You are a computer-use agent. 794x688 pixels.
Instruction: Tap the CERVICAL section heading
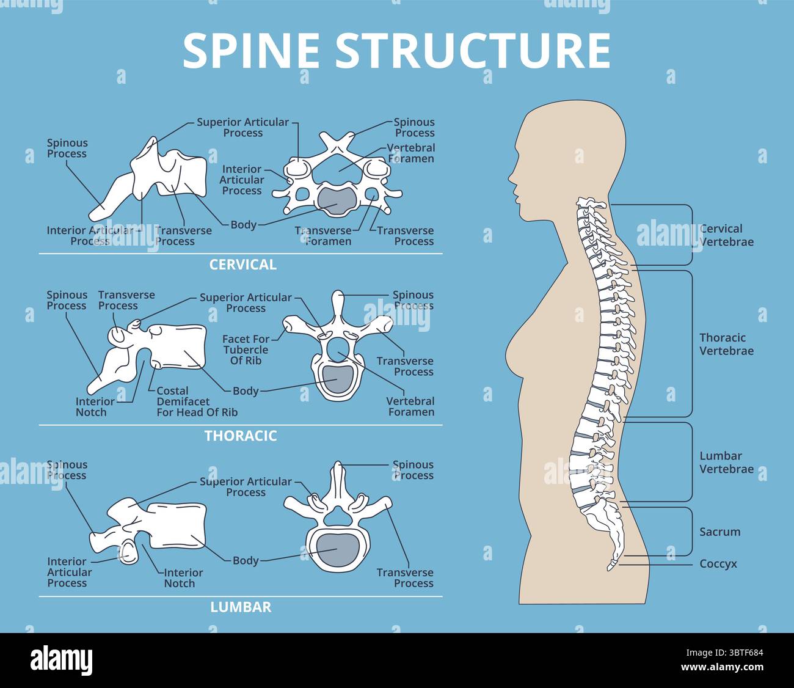point(242,265)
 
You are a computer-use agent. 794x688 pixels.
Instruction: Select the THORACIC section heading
point(241,436)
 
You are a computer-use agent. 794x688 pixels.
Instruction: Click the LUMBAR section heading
point(241,607)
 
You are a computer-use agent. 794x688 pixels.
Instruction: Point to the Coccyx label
point(718,564)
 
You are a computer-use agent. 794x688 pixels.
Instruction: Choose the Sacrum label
point(719,532)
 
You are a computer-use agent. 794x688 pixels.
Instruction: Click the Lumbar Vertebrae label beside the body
point(726,463)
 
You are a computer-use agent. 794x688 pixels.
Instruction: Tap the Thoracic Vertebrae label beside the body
point(726,344)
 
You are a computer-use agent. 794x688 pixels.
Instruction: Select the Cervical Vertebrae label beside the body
point(726,235)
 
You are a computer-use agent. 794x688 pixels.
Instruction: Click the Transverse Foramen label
point(324,236)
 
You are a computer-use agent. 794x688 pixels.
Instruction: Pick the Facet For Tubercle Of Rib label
point(246,350)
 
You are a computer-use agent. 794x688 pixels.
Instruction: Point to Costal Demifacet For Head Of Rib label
point(197,401)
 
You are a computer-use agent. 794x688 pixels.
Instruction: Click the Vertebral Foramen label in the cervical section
point(412,153)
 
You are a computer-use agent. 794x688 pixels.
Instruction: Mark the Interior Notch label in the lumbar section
point(183,578)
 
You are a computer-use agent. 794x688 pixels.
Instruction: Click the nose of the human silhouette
point(511,178)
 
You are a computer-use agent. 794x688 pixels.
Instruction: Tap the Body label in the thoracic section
point(246,391)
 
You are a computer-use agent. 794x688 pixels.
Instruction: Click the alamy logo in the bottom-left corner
point(61,661)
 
